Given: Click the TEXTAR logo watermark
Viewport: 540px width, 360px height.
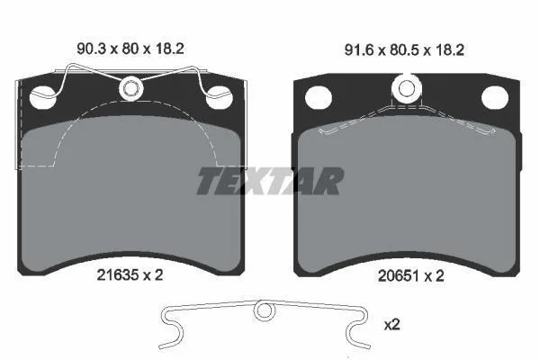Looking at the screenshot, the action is tap(270, 181).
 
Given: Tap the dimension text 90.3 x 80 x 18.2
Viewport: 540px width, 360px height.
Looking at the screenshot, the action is tap(130, 49).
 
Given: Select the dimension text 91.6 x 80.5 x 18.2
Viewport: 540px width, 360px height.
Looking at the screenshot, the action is tap(404, 50).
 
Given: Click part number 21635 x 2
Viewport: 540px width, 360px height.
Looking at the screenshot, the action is tap(130, 274).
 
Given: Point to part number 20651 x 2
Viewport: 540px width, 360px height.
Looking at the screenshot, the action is tap(411, 276).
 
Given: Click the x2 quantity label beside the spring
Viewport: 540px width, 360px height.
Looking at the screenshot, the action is tap(391, 325).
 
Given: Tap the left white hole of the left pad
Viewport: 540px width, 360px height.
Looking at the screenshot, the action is tap(42, 98).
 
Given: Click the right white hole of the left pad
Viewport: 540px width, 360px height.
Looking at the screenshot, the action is tap(219, 98).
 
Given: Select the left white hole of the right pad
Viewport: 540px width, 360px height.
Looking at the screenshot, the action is tap(319, 98).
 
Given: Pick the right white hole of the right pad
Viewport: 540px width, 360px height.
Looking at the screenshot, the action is tap(495, 98).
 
